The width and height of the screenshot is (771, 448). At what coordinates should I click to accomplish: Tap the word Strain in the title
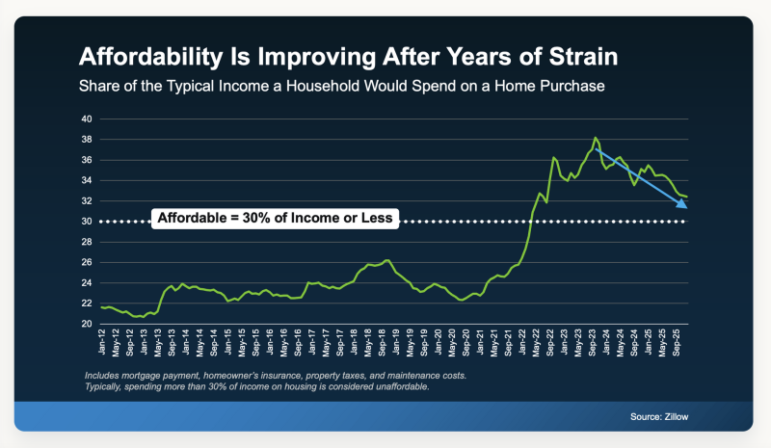coord(585,54)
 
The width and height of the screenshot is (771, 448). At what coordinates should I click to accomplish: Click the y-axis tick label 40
coord(86,119)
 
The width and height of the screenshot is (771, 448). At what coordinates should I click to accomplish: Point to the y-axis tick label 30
coord(86,222)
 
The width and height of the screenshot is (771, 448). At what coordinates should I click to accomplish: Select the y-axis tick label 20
coord(86,324)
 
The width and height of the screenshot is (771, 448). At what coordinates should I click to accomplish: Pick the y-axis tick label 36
coord(86,160)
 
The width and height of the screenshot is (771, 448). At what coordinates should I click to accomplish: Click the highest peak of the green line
coord(596,138)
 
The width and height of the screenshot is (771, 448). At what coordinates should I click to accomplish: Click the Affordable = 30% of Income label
coord(274,219)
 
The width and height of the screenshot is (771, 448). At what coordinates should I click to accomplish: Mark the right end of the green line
coord(685,198)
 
